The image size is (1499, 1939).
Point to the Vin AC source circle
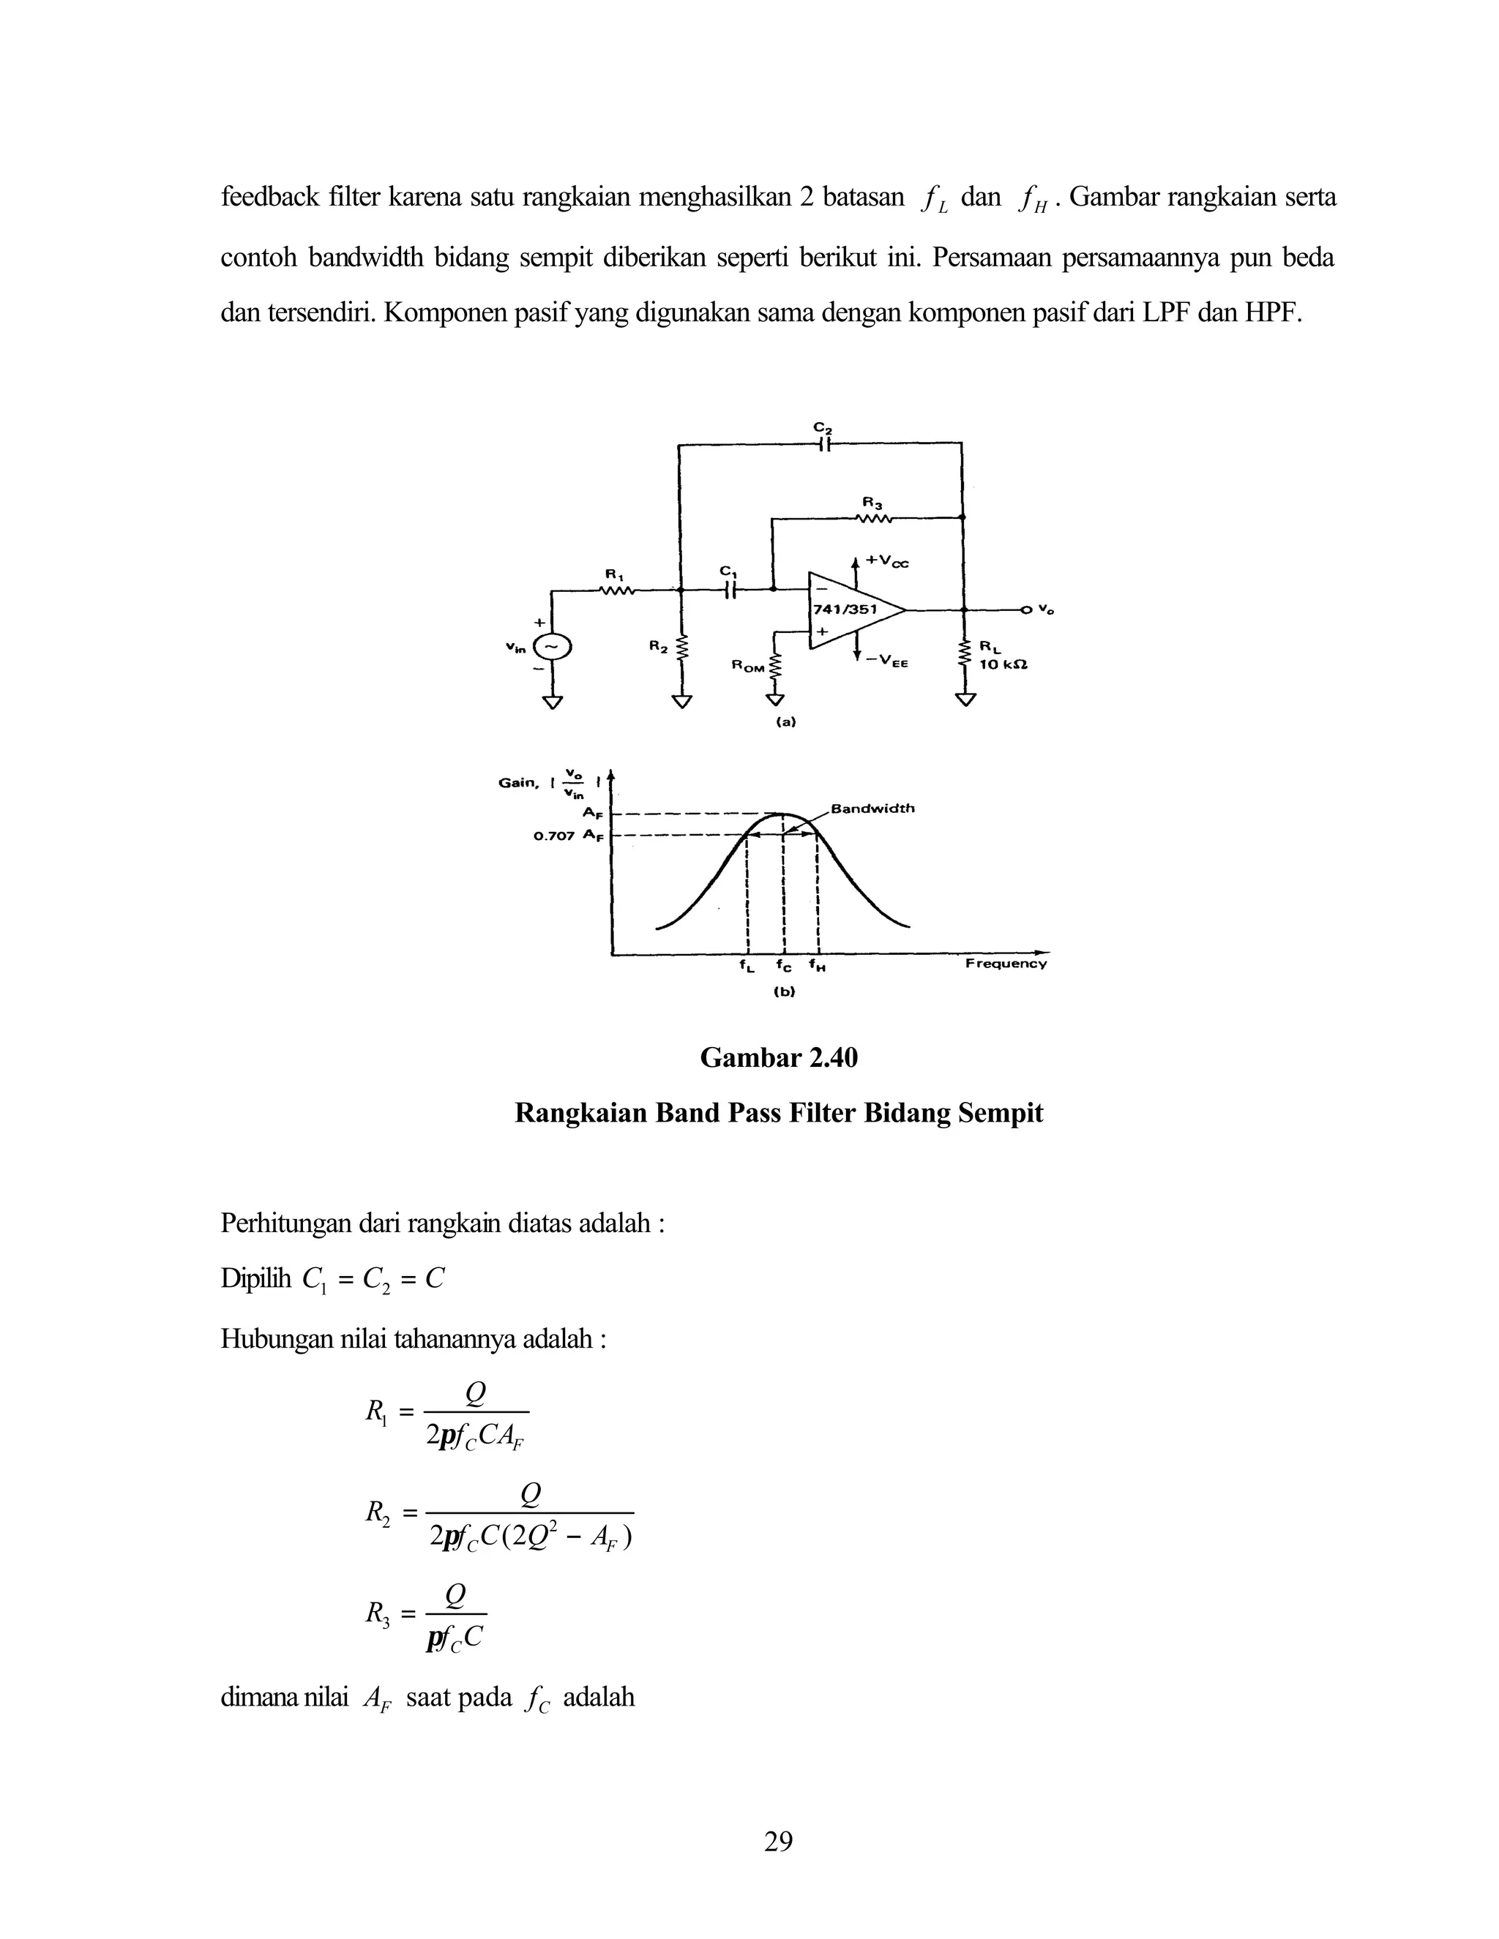pos(553,648)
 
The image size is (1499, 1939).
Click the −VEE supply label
pos(886,661)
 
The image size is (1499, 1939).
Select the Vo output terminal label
pos(1047,610)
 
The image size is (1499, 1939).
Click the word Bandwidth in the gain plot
pos(871,809)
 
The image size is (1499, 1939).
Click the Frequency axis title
pos(1005,964)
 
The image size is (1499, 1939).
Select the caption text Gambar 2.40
pos(779,1058)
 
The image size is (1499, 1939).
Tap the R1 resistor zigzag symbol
pos(616,590)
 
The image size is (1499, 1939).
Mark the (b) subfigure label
pos(783,993)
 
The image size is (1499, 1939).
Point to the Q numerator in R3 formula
pos(455,1595)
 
